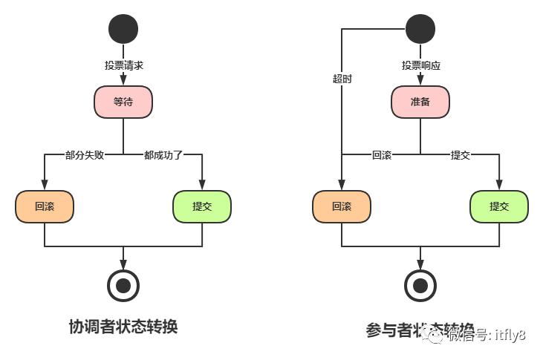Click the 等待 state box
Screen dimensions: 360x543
[123, 102]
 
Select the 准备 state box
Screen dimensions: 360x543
[420, 102]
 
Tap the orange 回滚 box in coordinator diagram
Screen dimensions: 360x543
[45, 206]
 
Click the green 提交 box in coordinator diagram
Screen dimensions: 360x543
[202, 206]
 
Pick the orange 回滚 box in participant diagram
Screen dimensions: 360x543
[342, 206]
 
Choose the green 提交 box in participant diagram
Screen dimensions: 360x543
[499, 206]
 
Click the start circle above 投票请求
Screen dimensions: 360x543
[123, 29]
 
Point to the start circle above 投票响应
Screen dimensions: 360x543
[420, 29]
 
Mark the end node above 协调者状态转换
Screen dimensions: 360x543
[123, 284]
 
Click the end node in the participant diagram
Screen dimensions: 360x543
[420, 284]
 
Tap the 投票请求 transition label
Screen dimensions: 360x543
[123, 65]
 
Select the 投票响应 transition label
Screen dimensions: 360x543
[420, 65]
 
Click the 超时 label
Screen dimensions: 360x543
[342, 79]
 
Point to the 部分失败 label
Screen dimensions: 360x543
[84, 155]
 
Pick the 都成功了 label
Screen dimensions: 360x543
[163, 155]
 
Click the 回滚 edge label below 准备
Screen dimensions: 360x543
[381, 155]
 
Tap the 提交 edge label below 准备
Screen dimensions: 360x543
[460, 155]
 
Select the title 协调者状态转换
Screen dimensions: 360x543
[123, 327]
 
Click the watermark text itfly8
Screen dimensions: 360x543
[510, 336]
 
